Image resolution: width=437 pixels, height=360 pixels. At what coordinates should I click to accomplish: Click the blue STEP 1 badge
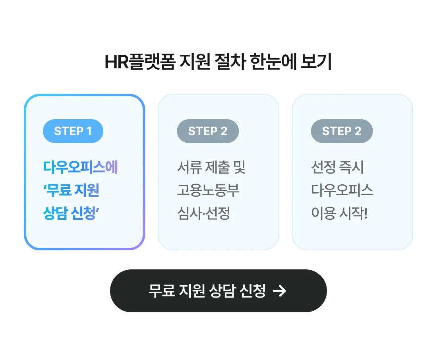tap(73, 131)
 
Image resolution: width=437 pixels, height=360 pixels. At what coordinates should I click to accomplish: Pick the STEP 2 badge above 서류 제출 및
tap(208, 131)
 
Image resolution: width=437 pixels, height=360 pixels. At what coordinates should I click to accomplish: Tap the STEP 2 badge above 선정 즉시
tap(342, 131)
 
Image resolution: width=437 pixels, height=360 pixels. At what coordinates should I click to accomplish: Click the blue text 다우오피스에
tap(81, 167)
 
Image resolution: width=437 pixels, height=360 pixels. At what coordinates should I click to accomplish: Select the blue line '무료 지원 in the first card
tap(71, 191)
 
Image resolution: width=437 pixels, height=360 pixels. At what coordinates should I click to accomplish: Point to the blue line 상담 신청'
tap(71, 214)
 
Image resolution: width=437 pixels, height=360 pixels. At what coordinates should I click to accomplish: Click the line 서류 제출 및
tap(211, 167)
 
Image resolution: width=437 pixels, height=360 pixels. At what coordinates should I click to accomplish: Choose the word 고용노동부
tap(208, 191)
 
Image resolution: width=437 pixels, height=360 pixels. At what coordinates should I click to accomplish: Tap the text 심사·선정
tap(203, 214)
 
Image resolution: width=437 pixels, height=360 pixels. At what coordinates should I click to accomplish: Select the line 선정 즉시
tap(337, 167)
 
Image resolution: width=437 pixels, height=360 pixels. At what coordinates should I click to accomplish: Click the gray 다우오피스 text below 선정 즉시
tap(342, 191)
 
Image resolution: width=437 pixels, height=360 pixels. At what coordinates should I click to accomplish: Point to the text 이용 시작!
tap(339, 214)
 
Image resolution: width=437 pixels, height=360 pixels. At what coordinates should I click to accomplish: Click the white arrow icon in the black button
tap(280, 291)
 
